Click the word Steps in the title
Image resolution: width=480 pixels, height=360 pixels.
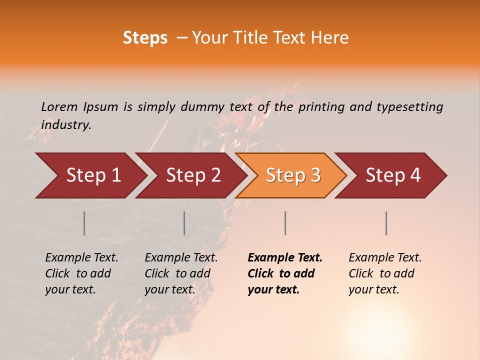pyautogui.click(x=145, y=38)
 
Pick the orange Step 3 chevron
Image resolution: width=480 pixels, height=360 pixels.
pyautogui.click(x=293, y=175)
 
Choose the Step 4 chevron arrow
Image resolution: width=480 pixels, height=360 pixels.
pyautogui.click(x=393, y=175)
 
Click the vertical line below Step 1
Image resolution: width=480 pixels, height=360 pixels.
pyautogui.click(x=84, y=223)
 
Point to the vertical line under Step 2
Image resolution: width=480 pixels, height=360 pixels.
pyautogui.click(x=184, y=223)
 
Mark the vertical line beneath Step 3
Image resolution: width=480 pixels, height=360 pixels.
pyautogui.click(x=285, y=223)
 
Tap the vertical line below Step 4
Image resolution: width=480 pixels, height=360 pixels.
pyautogui.click(x=386, y=223)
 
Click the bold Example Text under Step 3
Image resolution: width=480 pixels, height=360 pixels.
pyautogui.click(x=285, y=273)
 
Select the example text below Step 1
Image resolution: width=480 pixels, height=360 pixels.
pyautogui.click(x=81, y=273)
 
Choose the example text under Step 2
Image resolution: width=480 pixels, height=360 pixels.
pyautogui.click(x=181, y=273)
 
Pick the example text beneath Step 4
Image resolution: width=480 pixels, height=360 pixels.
pyautogui.click(x=385, y=273)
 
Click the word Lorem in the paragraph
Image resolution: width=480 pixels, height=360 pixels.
pyautogui.click(x=59, y=107)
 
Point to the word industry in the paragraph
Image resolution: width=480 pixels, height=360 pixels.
pyautogui.click(x=66, y=125)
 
